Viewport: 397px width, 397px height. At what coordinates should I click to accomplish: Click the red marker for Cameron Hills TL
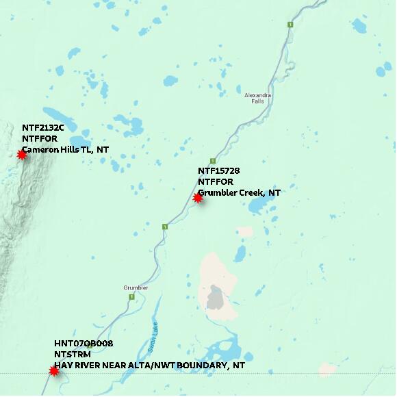click(22, 155)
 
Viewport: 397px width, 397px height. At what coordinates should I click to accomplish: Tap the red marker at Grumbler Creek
click(198, 198)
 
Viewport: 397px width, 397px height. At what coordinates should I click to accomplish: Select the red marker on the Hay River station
click(54, 371)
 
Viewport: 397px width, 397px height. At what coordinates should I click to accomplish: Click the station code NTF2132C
click(42, 128)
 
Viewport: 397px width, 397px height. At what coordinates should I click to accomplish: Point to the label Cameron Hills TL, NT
click(65, 149)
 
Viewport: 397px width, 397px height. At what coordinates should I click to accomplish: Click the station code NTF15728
click(218, 170)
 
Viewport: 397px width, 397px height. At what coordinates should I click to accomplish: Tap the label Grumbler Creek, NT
click(239, 192)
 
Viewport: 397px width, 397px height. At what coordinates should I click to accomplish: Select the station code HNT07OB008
click(84, 344)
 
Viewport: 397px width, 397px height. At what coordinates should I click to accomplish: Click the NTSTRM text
click(73, 355)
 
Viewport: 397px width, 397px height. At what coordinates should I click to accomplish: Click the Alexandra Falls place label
click(258, 98)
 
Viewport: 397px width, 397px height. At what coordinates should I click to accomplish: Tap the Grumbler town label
click(136, 287)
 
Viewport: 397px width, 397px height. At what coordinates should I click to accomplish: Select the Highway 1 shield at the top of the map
click(290, 25)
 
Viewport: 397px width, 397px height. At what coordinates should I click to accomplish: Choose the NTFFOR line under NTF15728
click(216, 181)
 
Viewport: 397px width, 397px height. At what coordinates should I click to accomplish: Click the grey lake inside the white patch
click(216, 298)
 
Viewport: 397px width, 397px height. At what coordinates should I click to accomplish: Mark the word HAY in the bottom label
click(64, 366)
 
